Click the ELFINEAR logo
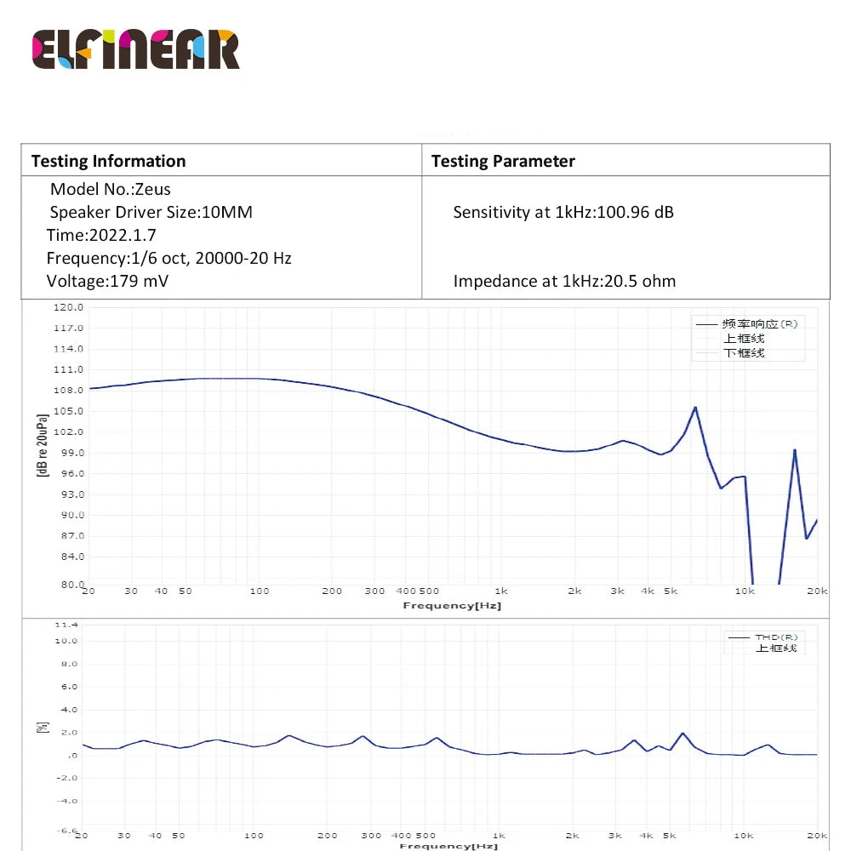point(136,49)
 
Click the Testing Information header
point(108,161)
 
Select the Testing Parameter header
point(503,161)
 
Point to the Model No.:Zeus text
point(110,189)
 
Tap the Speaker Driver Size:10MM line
point(151,212)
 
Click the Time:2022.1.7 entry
point(101,235)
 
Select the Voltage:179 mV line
point(107,281)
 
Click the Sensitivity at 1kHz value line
point(563,212)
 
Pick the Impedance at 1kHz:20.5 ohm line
point(564,281)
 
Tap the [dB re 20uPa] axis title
point(42,445)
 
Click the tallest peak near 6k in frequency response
point(695,408)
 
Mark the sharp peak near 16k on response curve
point(795,450)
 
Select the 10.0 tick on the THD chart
point(66,641)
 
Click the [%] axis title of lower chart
point(42,728)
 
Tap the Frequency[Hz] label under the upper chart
point(452,606)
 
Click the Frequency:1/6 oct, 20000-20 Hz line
point(168,258)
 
